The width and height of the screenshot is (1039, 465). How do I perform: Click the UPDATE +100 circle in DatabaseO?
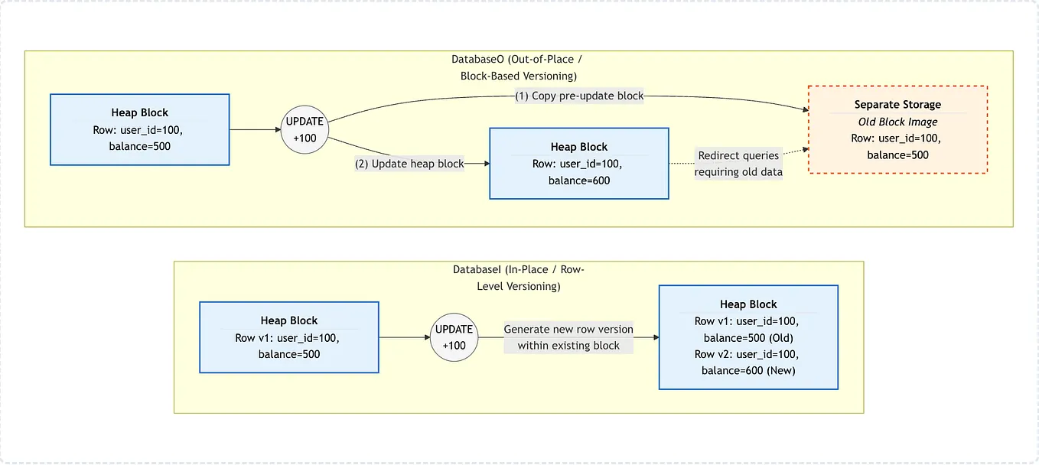[305, 130]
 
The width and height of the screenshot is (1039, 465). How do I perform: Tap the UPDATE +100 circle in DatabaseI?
[454, 337]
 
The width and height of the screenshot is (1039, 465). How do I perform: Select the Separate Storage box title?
[897, 105]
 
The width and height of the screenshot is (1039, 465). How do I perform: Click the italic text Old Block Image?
[897, 122]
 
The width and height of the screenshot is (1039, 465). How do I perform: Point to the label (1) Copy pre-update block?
[579, 96]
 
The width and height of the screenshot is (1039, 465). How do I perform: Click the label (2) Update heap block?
[409, 164]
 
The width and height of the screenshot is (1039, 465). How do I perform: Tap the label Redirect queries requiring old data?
[738, 164]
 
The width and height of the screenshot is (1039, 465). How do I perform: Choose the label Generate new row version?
[568, 329]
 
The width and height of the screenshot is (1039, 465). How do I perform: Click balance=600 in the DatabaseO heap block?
[579, 180]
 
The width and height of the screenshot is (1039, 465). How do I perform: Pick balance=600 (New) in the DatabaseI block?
[748, 371]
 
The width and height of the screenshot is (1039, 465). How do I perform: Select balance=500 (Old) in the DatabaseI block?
[748, 338]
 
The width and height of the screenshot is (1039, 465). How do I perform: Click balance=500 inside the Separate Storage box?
[897, 155]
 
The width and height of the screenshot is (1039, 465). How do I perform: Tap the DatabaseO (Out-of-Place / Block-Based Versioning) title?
[518, 68]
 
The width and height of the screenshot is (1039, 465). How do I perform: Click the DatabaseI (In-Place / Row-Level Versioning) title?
[519, 278]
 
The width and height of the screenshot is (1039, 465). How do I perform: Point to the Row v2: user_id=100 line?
[746, 355]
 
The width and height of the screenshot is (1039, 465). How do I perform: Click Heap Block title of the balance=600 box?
[579, 147]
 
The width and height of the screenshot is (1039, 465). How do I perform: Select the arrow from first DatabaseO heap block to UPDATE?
[255, 130]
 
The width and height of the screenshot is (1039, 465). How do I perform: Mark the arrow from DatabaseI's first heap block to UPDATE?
[405, 337]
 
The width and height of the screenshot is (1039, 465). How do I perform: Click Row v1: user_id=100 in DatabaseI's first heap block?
[287, 338]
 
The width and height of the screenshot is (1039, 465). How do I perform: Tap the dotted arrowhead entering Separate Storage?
[806, 149]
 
